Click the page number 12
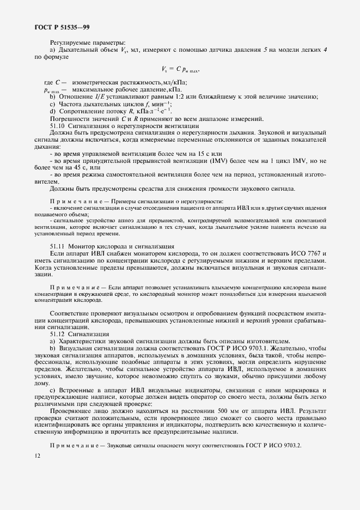tap(37, 456)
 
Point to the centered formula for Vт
tap(180, 69)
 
